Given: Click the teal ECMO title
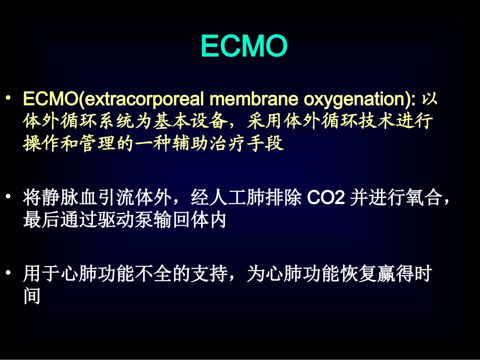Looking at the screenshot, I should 244,47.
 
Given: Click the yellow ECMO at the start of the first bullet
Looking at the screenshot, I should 44,98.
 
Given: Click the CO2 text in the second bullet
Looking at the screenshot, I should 326,198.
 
